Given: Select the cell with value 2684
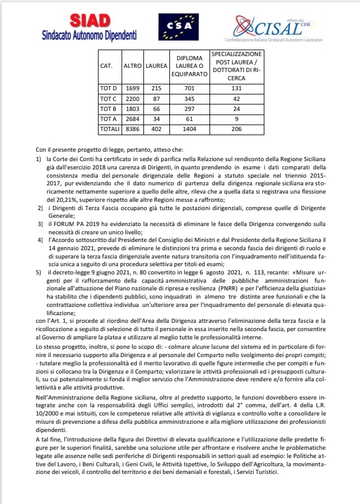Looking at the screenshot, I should point(132,119).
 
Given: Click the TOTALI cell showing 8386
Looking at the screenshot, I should point(132,129).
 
